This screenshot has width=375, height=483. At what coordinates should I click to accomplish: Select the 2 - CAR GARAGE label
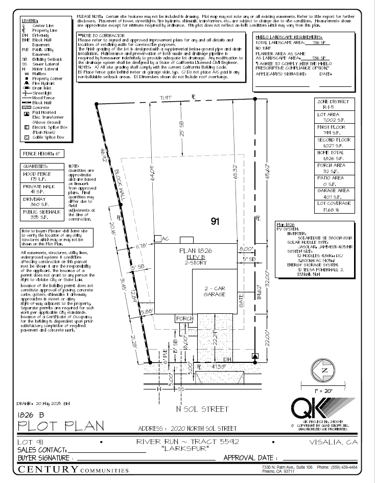tap(215, 291)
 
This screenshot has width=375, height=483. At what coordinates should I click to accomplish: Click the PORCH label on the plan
tap(184, 318)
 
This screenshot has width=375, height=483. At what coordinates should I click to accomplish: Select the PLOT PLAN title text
tap(61, 425)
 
